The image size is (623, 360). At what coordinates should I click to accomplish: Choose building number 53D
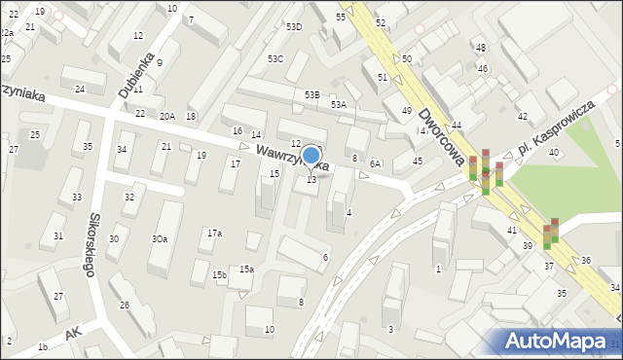293,27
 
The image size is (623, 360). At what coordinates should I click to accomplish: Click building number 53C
275,59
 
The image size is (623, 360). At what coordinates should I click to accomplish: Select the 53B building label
311,94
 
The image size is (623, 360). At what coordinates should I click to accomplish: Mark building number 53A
338,104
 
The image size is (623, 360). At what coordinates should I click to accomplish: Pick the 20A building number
167,116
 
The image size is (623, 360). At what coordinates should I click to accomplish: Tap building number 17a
214,234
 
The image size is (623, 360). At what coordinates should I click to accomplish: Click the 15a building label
247,270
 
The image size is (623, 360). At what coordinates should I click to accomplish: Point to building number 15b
220,275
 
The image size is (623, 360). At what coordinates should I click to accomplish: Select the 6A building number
375,164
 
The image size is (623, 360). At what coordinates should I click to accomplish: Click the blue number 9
160,62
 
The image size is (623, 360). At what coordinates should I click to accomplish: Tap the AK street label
71,334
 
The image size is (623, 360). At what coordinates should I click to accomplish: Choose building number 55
341,18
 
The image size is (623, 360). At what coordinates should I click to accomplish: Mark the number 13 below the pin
311,179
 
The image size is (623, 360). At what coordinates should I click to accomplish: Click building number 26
124,306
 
